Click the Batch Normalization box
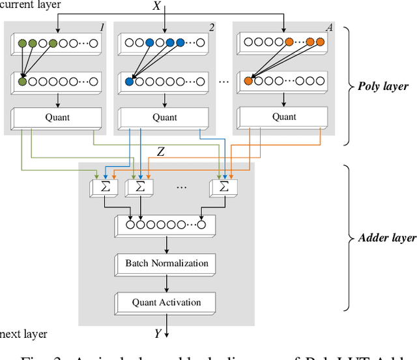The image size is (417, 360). click(167, 264)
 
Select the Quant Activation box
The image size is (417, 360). click(167, 302)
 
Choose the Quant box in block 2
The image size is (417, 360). click(165, 118)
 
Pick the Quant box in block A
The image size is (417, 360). click(284, 117)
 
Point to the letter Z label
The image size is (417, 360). click(160, 152)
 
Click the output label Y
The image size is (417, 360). click(157, 334)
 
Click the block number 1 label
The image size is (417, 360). click(102, 27)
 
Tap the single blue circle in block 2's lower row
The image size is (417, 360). click(129, 82)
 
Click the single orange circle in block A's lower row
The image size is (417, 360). click(248, 82)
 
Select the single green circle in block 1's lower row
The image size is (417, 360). click(23, 82)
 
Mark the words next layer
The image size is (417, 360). click(24, 334)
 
